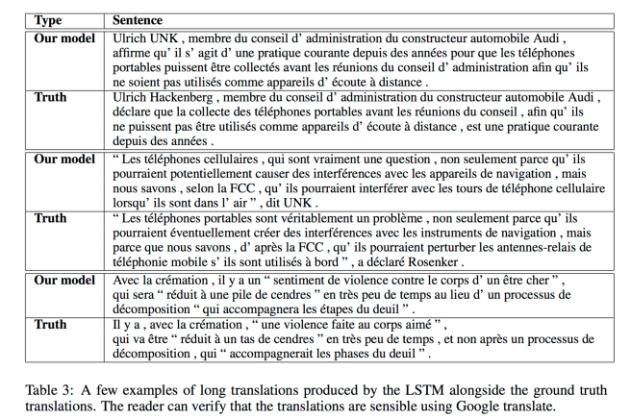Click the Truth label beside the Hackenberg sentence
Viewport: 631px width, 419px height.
point(50,97)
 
